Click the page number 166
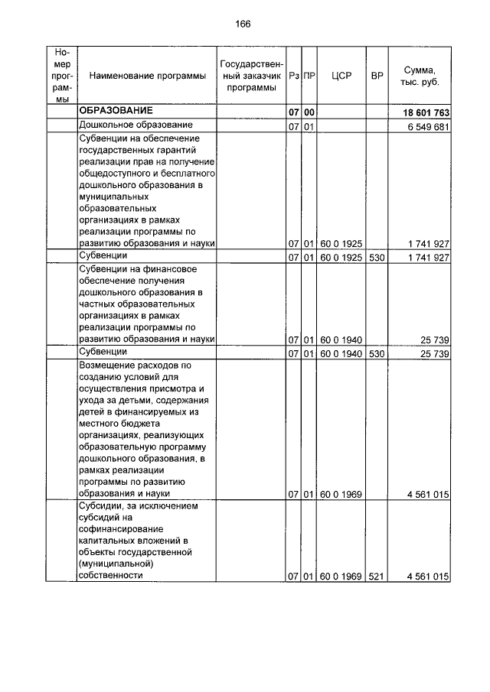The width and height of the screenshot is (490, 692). pyautogui.click(x=243, y=24)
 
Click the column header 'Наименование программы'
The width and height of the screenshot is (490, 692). pyautogui.click(x=147, y=76)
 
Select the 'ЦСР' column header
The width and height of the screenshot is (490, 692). pyautogui.click(x=341, y=76)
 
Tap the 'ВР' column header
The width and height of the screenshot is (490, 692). pyautogui.click(x=377, y=76)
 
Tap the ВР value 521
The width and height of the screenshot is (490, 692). pyautogui.click(x=377, y=577)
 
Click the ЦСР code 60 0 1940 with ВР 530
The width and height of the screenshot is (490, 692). pyautogui.click(x=341, y=353)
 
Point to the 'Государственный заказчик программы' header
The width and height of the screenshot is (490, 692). pyautogui.click(x=252, y=76)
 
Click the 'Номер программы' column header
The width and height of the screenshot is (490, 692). pyautogui.click(x=62, y=76)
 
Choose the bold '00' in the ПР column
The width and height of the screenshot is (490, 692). pyautogui.click(x=309, y=113)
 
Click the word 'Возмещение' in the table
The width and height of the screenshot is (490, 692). pyautogui.click(x=106, y=365)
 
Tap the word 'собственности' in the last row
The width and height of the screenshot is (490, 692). pyautogui.click(x=111, y=576)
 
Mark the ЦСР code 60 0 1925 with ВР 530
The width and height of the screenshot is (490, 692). pyautogui.click(x=341, y=257)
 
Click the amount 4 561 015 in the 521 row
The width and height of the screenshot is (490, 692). pyautogui.click(x=428, y=577)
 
